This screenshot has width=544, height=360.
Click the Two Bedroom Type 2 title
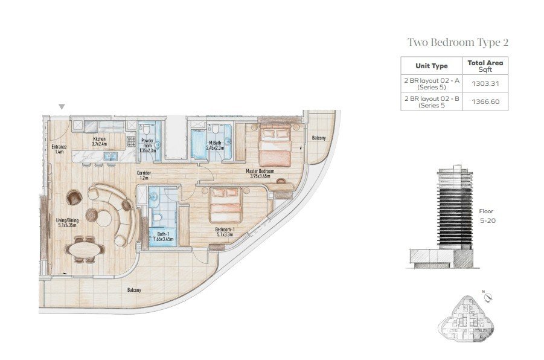458,42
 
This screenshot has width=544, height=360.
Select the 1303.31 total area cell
485,84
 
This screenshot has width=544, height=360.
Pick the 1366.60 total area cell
485,101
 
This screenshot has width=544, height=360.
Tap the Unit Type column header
432,66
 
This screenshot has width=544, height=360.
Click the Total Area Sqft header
485,66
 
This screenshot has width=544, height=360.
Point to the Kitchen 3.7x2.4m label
100,141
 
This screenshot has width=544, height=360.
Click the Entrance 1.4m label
59,149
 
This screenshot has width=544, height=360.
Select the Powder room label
147,146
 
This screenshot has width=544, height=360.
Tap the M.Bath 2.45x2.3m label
215,145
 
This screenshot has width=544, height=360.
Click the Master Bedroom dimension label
260,173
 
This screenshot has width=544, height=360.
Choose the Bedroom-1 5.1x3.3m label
225,232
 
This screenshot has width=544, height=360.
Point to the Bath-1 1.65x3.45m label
163,236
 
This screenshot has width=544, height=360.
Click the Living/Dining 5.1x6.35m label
67,222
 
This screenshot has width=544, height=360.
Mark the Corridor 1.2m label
144,175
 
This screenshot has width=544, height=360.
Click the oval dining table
85,249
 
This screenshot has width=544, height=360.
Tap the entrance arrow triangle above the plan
62,106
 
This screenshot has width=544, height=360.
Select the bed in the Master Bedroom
275,145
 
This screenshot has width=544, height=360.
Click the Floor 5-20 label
487,216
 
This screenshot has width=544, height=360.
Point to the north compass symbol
488,297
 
